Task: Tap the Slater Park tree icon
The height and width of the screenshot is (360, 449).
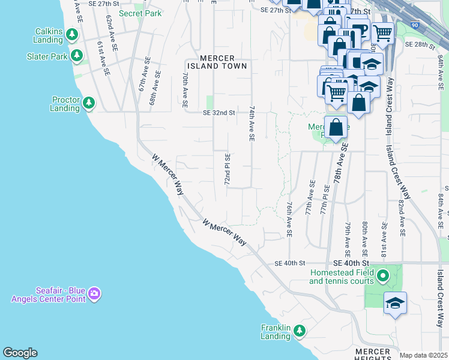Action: (77, 56)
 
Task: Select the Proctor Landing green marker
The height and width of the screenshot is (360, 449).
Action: (89, 104)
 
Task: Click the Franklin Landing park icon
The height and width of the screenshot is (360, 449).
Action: (300, 331)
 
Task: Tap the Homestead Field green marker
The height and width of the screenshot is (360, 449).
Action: (384, 277)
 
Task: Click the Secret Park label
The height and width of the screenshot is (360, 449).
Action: (140, 13)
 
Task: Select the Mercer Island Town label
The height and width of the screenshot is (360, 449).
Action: (217, 62)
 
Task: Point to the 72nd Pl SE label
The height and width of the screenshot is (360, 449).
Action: (228, 169)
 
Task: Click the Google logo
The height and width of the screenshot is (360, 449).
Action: (20, 353)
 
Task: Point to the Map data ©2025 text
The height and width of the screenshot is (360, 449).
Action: (423, 355)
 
